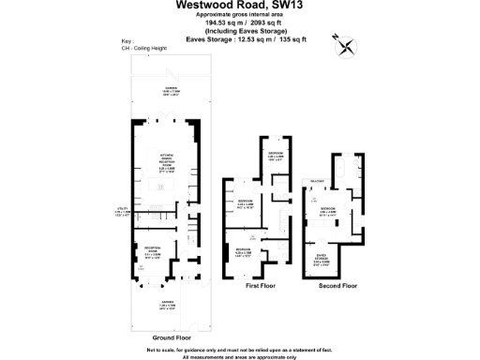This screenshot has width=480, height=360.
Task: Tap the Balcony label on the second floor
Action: pos(316,181)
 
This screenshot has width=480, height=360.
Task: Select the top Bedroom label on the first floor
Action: pos(277,156)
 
